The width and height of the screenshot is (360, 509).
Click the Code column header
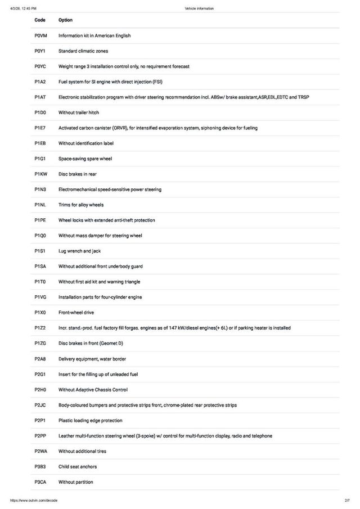[x=40, y=20]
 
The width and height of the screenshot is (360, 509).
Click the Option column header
[x=65, y=20]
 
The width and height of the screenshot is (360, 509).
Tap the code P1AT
[x=40, y=97]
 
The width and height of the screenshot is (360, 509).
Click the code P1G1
[x=40, y=159]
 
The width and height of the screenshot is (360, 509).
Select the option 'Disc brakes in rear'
[x=78, y=174]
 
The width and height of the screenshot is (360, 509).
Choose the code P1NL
[x=40, y=205]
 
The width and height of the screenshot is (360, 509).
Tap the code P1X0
[x=40, y=313]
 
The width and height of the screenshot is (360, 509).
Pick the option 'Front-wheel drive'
[x=76, y=313]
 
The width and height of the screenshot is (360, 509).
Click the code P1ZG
[x=40, y=343]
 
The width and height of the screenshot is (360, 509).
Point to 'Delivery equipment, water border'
[x=92, y=359]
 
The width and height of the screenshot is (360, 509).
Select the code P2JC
[x=40, y=405]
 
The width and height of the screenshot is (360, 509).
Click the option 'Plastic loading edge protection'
[x=90, y=421]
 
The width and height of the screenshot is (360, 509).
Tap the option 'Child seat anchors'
[x=78, y=467]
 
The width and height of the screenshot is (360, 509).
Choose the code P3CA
[x=40, y=482]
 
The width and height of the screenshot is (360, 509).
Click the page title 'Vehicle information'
[x=199, y=8]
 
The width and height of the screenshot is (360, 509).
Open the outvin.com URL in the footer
[x=34, y=500]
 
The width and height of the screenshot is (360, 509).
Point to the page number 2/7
[x=347, y=500]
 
